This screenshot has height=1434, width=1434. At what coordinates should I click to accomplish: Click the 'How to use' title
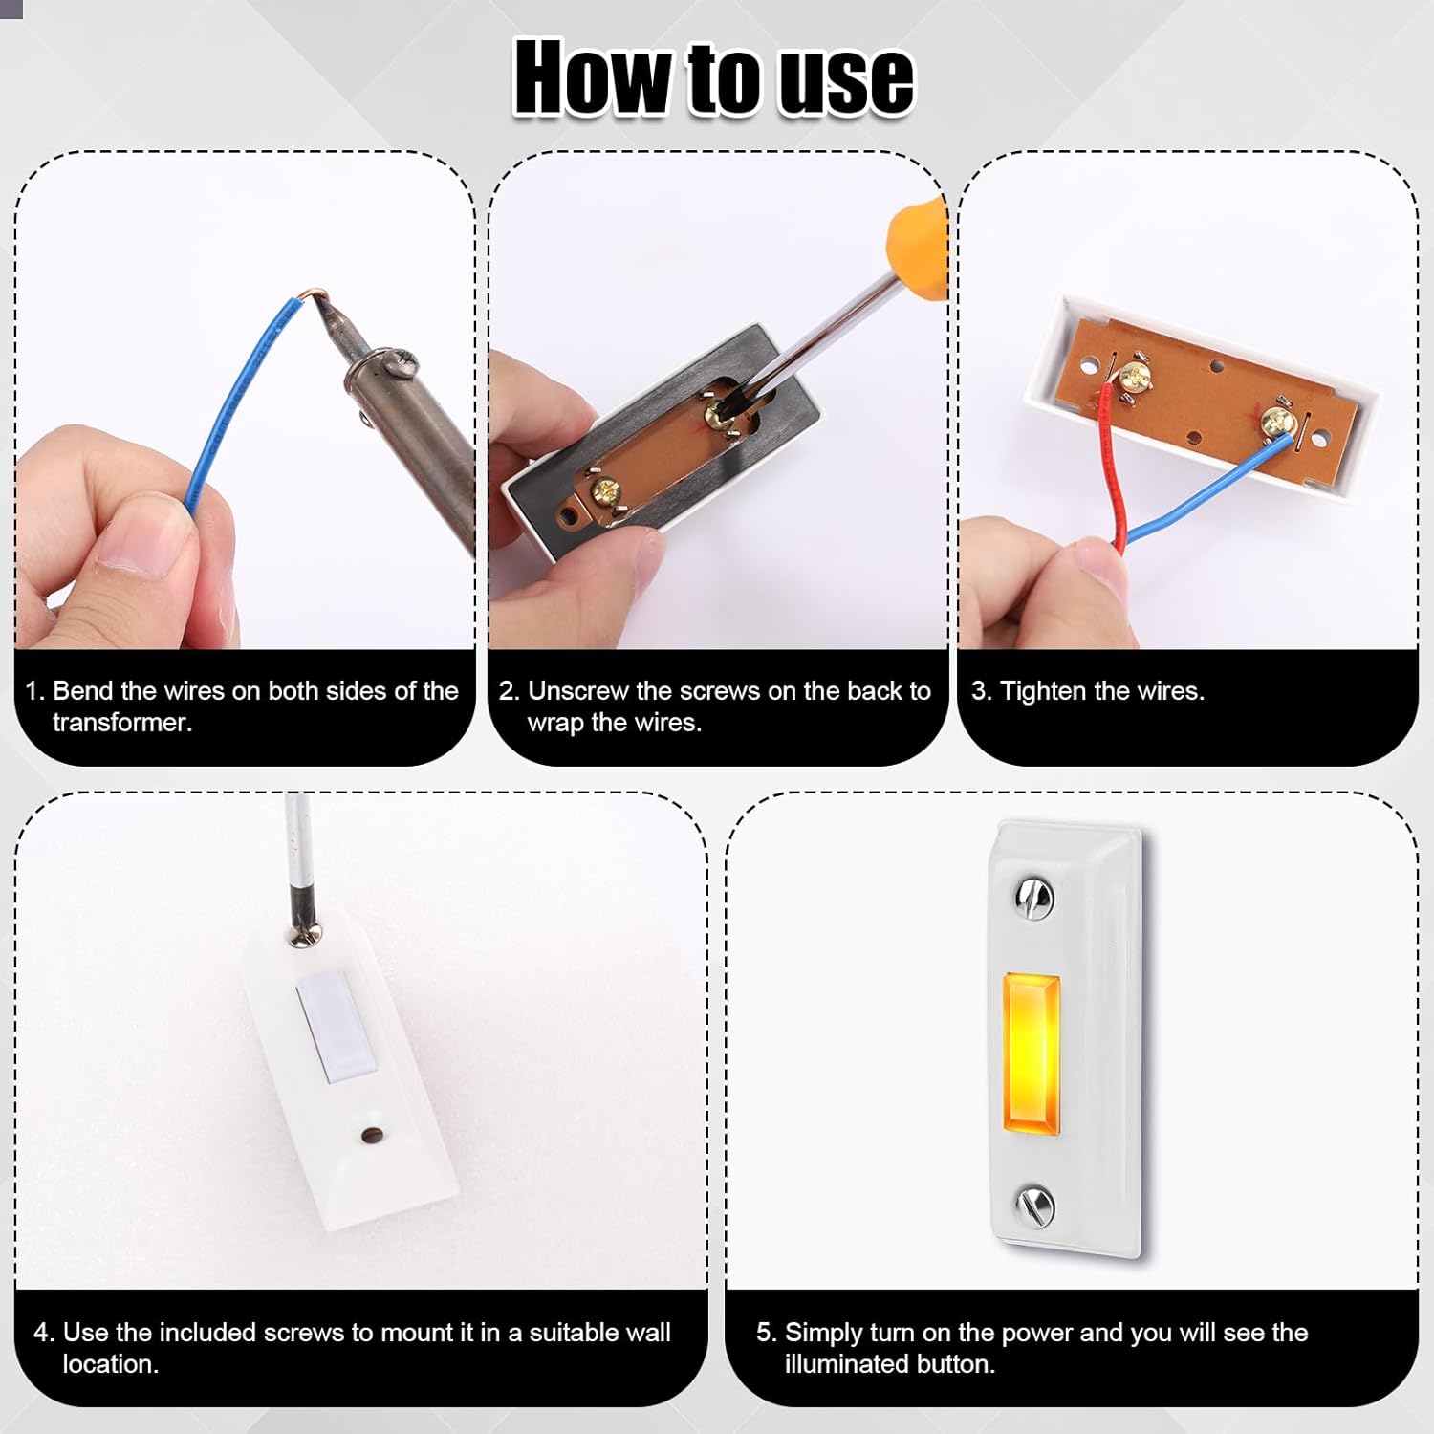[x=713, y=78]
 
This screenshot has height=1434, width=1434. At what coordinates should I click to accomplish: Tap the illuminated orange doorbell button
[x=1031, y=1050]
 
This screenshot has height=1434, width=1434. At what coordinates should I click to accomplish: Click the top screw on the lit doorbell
[x=1032, y=898]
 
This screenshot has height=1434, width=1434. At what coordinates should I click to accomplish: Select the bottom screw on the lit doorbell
[x=1033, y=1205]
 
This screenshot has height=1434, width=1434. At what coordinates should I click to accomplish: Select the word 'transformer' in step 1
[x=122, y=723]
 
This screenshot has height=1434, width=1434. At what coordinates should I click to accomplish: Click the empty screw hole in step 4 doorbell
[x=371, y=1136]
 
